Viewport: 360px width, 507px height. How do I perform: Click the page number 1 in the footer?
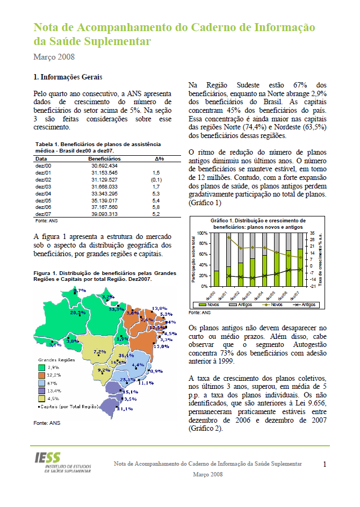point(325,463)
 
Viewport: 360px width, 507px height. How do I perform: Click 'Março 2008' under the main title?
point(54,56)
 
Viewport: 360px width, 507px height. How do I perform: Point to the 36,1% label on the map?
point(126,356)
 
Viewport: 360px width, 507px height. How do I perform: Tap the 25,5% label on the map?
point(127,380)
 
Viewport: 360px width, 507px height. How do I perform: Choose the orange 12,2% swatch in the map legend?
point(41,374)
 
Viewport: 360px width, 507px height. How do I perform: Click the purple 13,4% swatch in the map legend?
point(41,390)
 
